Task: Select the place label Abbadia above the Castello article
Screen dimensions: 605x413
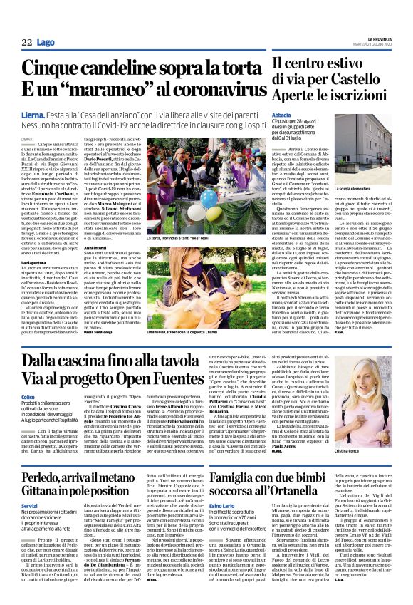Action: click(281, 133)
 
